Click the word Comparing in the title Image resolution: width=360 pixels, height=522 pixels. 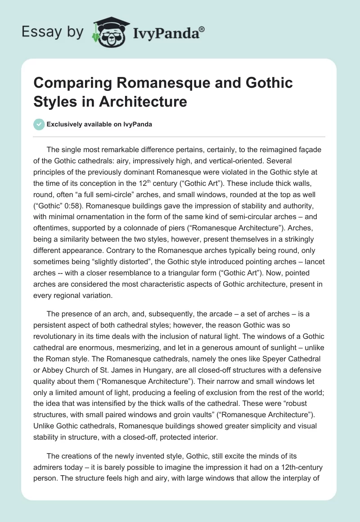pyautogui.click(x=64, y=83)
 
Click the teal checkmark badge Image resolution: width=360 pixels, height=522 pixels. pyautogui.click(x=39, y=124)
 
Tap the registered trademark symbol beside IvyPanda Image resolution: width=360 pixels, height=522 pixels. pyautogui.click(x=202, y=29)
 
